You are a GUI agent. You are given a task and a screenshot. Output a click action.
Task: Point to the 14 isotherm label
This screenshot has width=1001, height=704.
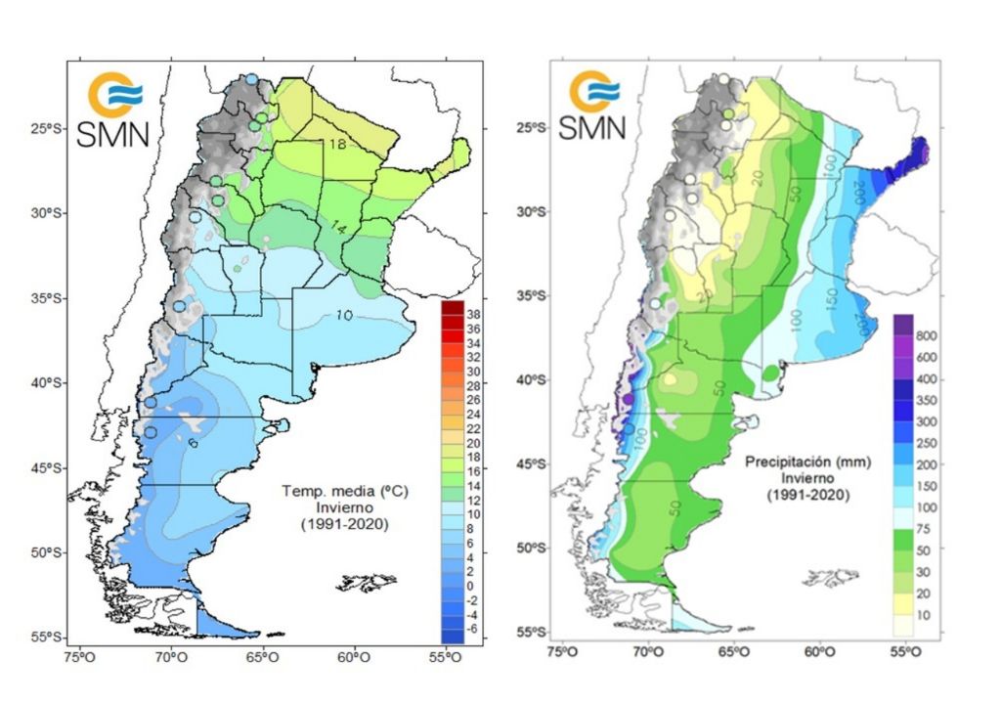(x=337, y=228)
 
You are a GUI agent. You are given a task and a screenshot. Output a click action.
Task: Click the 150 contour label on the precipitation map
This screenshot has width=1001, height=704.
(x=830, y=294)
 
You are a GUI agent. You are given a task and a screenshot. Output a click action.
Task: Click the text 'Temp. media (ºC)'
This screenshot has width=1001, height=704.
(x=339, y=491)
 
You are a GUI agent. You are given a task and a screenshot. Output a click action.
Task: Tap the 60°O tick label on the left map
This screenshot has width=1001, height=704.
(x=354, y=656)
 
